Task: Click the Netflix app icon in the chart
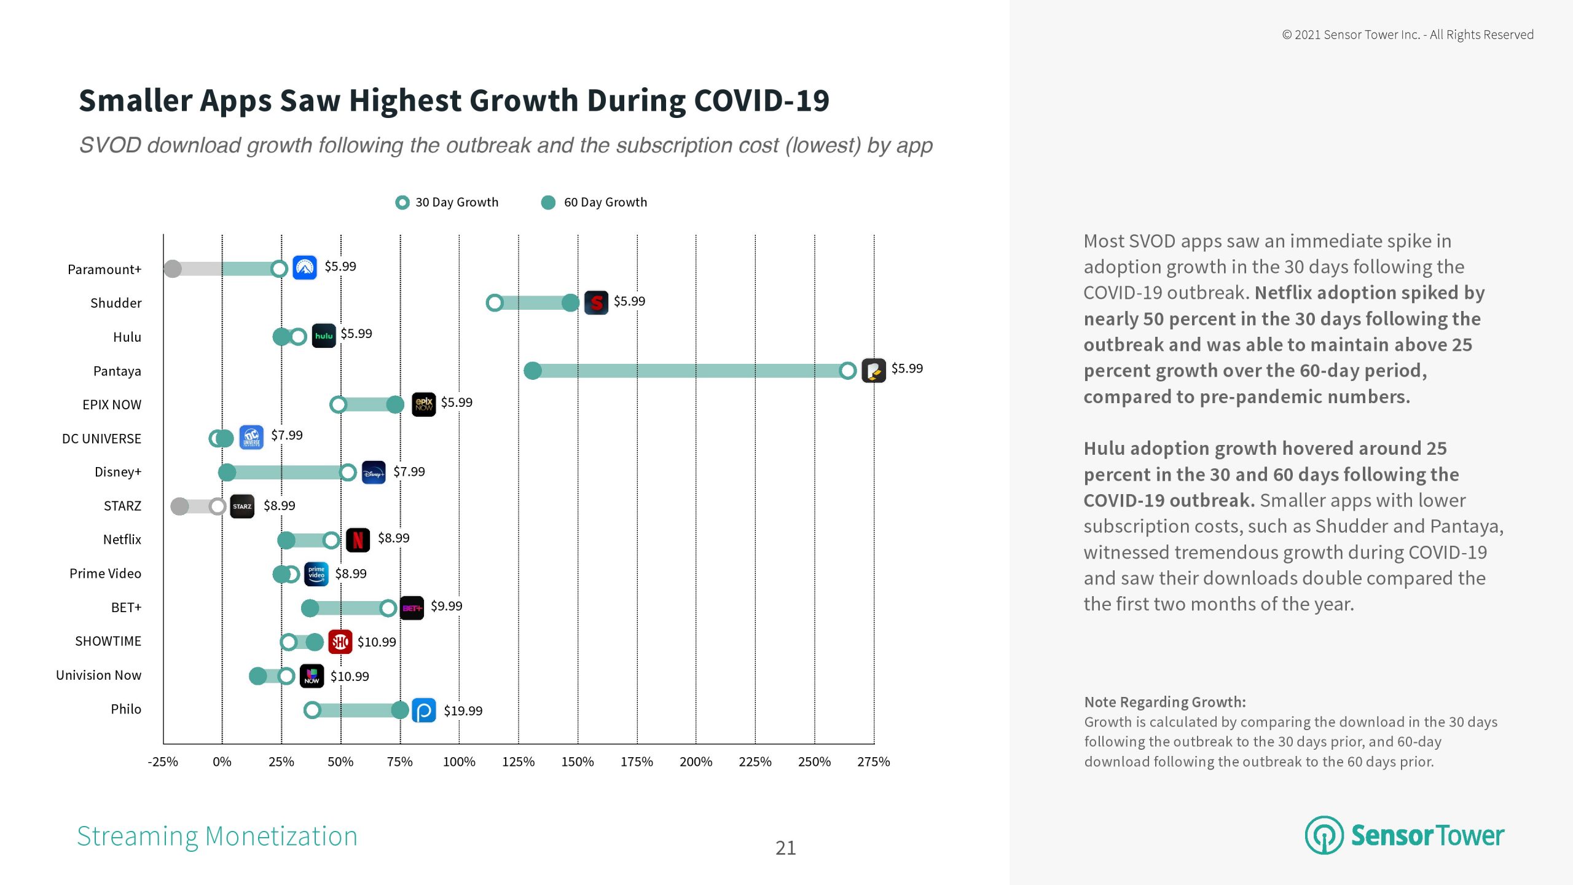[x=358, y=540]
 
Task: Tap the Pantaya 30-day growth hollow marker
[x=848, y=371]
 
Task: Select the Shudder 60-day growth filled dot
[x=570, y=302]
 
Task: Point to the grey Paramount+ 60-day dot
[x=173, y=269]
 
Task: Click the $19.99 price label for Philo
[x=463, y=711]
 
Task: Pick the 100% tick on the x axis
[x=459, y=762]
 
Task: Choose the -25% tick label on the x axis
[x=163, y=762]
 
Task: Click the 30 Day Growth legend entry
[x=447, y=202]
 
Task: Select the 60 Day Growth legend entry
[x=594, y=202]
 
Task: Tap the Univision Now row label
[x=98, y=675]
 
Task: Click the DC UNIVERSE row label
[x=101, y=439]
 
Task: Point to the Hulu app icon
[x=324, y=336]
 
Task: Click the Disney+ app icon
[x=374, y=473]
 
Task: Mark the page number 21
[x=785, y=848]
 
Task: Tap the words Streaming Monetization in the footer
[x=217, y=836]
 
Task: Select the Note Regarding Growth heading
[x=1164, y=702]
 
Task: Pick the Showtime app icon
[x=340, y=642]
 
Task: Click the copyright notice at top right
[x=1407, y=35]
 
